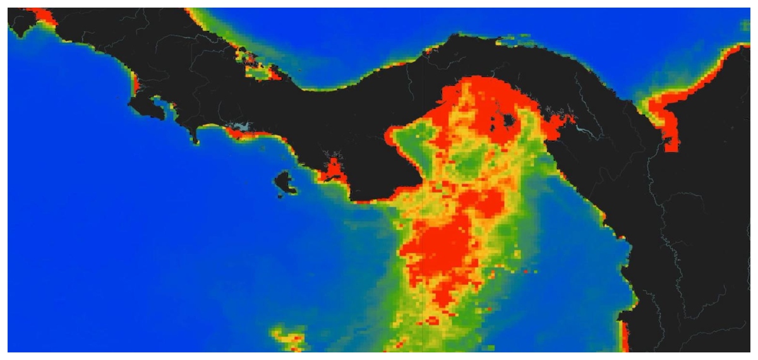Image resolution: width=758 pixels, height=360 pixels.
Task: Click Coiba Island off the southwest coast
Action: pos(285,183)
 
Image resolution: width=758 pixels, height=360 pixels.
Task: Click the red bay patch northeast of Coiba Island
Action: pos(332,169)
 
